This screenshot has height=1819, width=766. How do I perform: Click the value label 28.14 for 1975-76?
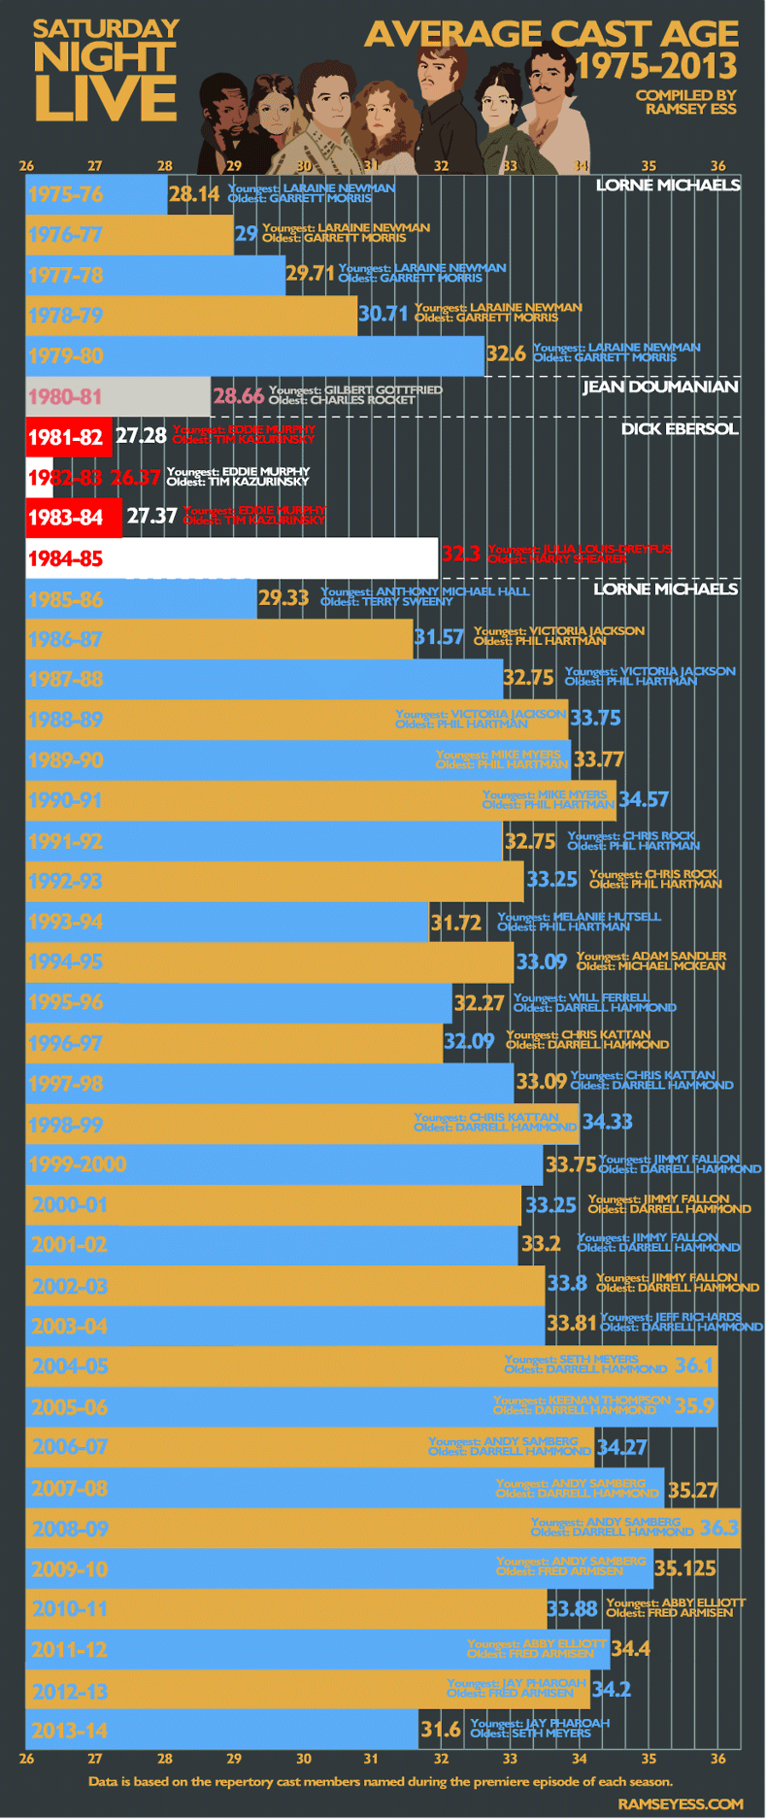[x=194, y=194]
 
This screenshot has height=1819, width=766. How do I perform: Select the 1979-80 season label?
[x=65, y=355]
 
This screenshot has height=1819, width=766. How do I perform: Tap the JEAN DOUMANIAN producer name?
[x=660, y=387]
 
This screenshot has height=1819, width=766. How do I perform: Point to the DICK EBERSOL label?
[x=680, y=428]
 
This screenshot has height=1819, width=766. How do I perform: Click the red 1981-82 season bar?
[x=68, y=437]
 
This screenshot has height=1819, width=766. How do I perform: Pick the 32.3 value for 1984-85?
[x=461, y=554]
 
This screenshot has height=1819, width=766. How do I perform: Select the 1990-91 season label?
[x=65, y=800]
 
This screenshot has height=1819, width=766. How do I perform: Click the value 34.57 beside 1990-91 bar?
[x=644, y=799]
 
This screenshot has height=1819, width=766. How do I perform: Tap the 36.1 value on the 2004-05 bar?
[x=694, y=1365]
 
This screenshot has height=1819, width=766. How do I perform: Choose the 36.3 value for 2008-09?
[x=719, y=1528]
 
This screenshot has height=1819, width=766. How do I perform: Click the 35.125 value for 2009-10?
[x=685, y=1568]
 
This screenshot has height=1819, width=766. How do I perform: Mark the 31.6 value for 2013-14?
[x=441, y=1730]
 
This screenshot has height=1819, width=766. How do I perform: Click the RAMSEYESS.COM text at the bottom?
[x=680, y=1803]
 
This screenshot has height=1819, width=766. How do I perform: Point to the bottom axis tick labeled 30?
[x=304, y=1759]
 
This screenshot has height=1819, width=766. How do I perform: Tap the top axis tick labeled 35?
[x=649, y=166]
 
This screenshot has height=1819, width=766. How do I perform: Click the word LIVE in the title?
[x=106, y=99]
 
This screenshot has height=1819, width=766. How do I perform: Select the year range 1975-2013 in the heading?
[x=656, y=66]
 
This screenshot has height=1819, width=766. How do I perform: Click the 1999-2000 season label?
[x=78, y=1164]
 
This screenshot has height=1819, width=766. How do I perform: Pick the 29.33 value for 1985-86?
[x=283, y=597]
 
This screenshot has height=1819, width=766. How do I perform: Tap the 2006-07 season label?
[x=70, y=1447]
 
